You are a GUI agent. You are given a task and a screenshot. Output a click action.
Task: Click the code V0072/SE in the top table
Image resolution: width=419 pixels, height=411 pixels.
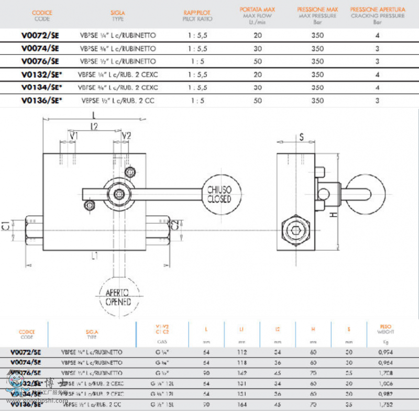(x=40, y=36)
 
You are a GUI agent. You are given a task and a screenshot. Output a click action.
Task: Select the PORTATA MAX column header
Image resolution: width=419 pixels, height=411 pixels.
(x=258, y=13)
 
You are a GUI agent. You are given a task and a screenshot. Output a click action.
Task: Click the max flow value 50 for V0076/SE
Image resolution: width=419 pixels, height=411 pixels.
(x=258, y=61)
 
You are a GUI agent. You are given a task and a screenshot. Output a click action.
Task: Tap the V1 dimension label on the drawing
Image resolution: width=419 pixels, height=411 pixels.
(x=74, y=136)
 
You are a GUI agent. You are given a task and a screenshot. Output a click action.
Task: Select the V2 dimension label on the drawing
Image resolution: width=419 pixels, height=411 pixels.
(x=126, y=136)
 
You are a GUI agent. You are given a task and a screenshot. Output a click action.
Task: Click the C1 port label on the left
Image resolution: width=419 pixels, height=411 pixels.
(x=6, y=226)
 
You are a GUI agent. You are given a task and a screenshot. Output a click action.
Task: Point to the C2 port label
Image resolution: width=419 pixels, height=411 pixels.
(x=176, y=226)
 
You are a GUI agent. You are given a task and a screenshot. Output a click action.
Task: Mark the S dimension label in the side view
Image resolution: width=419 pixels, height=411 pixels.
(x=302, y=137)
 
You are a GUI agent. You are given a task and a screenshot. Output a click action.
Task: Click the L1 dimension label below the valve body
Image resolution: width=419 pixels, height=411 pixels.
(x=95, y=256)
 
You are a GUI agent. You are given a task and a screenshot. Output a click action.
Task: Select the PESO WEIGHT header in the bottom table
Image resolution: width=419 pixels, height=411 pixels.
(x=385, y=330)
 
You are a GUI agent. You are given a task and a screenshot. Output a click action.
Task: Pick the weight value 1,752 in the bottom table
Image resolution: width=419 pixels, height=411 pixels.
(x=385, y=404)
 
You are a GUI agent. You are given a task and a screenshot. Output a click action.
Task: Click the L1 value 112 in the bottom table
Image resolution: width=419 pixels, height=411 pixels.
(x=241, y=352)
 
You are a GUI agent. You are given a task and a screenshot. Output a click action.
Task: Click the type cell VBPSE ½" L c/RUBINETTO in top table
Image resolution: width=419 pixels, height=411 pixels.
(x=118, y=61)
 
